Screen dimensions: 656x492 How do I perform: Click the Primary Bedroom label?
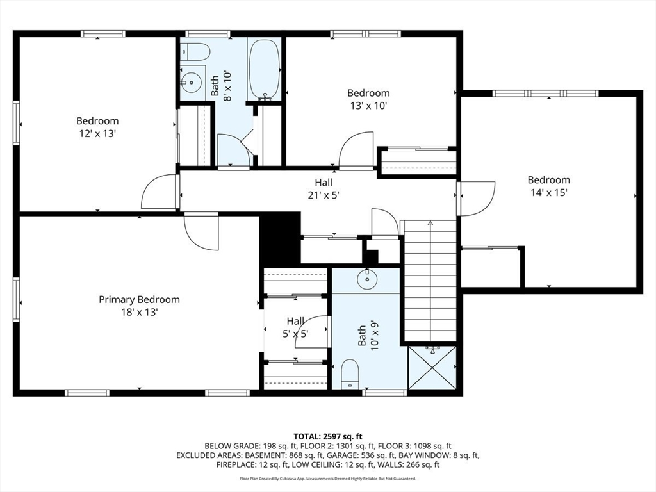click(x=139, y=300)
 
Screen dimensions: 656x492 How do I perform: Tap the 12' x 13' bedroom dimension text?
click(x=97, y=134)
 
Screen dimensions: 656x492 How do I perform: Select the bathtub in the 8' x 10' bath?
click(x=265, y=70)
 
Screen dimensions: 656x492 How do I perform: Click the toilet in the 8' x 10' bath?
click(x=195, y=52)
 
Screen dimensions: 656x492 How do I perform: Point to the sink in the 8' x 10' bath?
click(x=192, y=82)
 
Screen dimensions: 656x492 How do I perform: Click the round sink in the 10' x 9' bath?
click(x=367, y=279)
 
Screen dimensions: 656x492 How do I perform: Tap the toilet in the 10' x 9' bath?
click(x=350, y=375)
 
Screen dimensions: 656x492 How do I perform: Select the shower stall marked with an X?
click(x=432, y=367)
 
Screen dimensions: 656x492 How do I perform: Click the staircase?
click(x=430, y=281)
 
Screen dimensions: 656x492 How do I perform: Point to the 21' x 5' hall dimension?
click(x=324, y=195)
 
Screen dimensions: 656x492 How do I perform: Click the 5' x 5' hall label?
click(x=295, y=334)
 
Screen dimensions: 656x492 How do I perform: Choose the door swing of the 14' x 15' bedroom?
click(x=477, y=199)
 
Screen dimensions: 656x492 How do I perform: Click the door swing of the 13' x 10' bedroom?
click(x=356, y=151)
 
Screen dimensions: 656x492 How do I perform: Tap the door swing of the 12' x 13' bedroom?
click(x=159, y=192)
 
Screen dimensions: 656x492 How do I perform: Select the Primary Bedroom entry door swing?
click(x=202, y=232)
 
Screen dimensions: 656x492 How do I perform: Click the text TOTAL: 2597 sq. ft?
click(x=327, y=438)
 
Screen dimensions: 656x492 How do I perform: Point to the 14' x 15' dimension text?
click(x=548, y=193)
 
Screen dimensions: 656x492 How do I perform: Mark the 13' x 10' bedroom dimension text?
click(x=368, y=106)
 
